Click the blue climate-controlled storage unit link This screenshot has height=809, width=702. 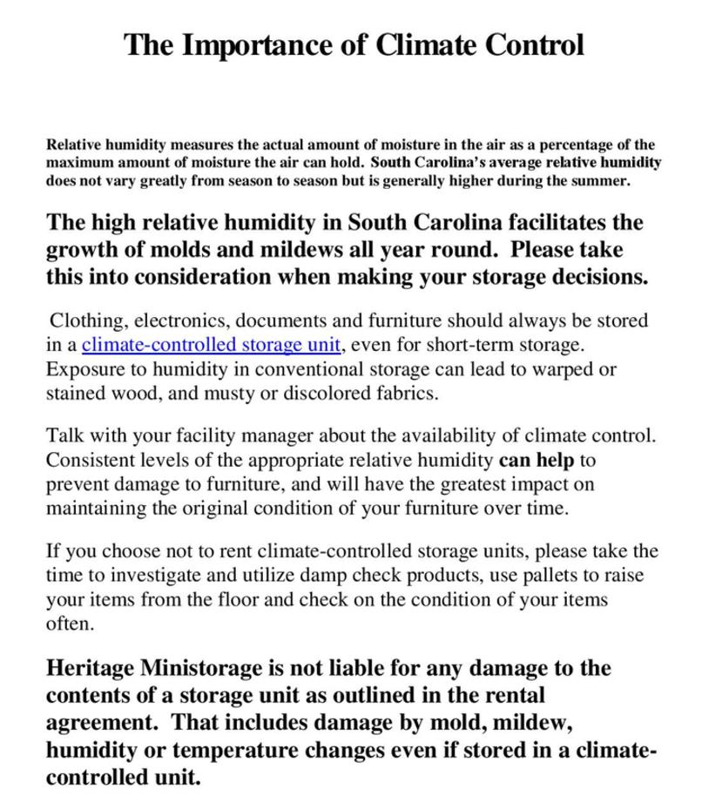pos(211,345)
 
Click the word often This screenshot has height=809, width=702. pos(68,624)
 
